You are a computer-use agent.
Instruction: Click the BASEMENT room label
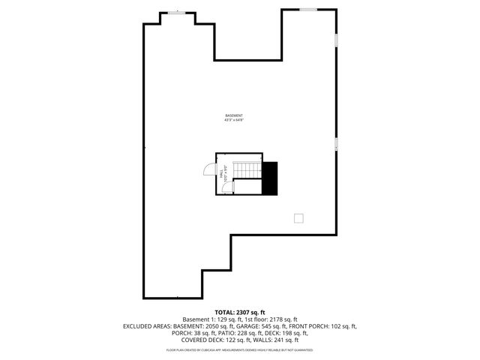click(233, 115)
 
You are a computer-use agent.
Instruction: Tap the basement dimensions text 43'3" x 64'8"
click(233, 120)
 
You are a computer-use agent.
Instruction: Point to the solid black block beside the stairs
click(269, 178)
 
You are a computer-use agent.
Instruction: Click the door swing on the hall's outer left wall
click(208, 170)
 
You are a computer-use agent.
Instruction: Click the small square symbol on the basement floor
click(298, 217)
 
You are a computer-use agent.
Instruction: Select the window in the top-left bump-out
click(178, 12)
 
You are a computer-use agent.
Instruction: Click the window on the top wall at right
click(308, 9)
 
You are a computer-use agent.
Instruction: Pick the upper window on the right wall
click(336, 39)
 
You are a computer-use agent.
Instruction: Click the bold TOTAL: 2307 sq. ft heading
click(240, 312)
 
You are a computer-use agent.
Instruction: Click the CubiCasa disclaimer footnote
click(240, 349)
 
